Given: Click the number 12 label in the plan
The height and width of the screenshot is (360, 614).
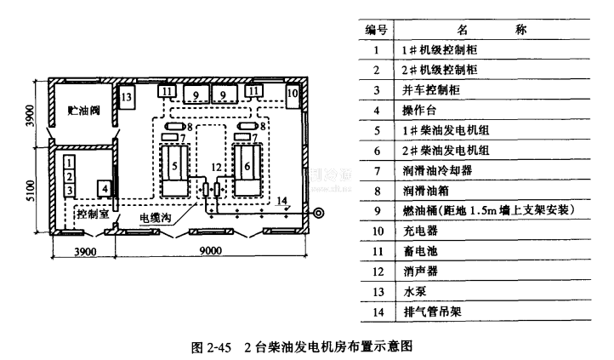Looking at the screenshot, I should tap(215, 165).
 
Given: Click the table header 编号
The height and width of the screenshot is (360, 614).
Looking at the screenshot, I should tap(377, 30).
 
